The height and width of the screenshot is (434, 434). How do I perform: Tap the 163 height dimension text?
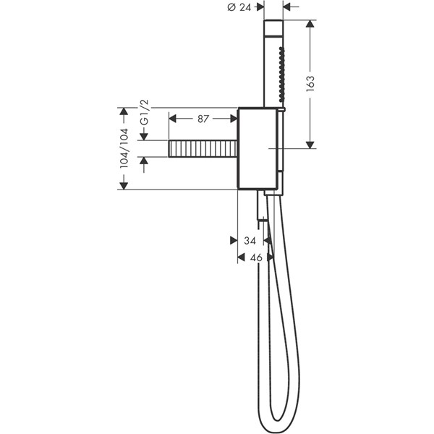pos(311,84)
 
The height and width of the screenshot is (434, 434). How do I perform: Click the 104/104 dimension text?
pos(124,149)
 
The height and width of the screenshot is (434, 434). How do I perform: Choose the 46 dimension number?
pos(255,257)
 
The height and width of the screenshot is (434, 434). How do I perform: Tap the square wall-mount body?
pos(257,148)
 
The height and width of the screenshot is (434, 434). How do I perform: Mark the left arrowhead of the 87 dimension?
pos(174,116)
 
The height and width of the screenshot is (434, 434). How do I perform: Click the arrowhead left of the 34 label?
pos(233,240)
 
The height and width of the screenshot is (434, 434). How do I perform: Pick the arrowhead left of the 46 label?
pos(241,257)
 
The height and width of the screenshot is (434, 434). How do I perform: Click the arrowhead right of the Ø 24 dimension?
pos(286,8)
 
